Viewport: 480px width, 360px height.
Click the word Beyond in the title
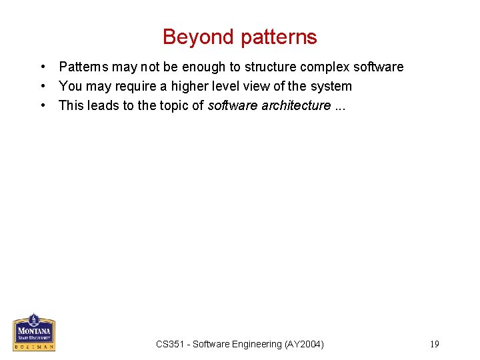coord(199,37)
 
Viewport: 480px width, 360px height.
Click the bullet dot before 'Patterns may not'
coord(42,67)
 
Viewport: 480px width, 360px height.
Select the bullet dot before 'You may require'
coord(42,86)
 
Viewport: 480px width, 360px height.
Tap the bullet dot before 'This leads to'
coord(42,105)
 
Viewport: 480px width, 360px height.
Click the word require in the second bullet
coord(133,86)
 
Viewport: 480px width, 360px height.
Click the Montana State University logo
coord(34,332)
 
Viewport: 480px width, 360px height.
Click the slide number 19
coord(435,344)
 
